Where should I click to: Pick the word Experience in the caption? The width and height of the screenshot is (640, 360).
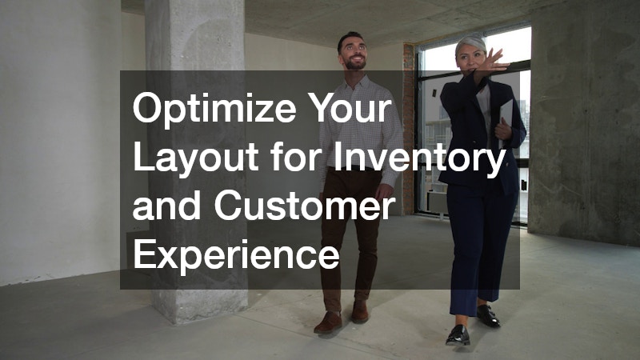[x=236, y=257]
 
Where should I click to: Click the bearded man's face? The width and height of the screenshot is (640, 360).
[x=352, y=52]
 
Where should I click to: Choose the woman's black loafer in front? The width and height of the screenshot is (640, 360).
[x=458, y=335]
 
